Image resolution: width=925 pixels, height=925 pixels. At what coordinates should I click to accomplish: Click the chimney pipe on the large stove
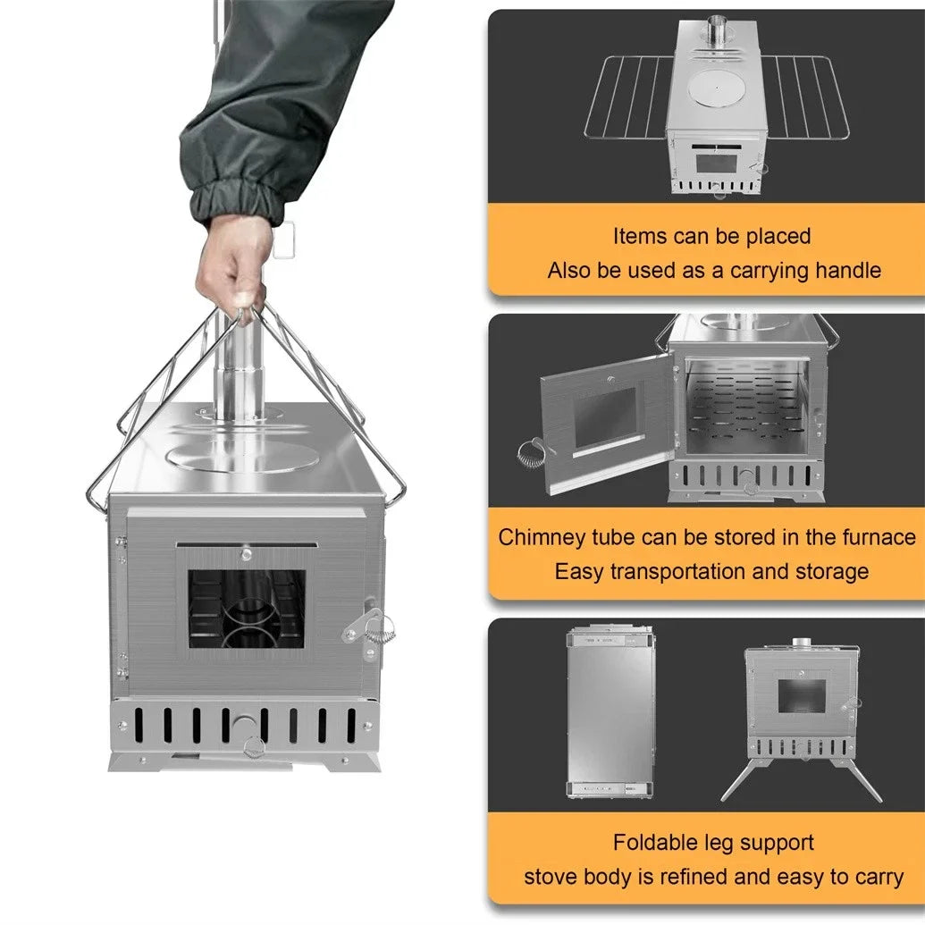click(237, 371)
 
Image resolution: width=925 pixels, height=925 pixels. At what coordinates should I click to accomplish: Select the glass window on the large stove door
click(246, 608)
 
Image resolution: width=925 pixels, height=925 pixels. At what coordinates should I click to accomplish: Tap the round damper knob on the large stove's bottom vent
click(243, 725)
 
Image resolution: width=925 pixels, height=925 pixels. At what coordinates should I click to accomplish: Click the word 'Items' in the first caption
click(640, 237)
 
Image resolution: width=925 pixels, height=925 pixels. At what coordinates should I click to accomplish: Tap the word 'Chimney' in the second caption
click(540, 537)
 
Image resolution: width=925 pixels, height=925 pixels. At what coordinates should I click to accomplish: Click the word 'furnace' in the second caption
click(879, 537)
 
